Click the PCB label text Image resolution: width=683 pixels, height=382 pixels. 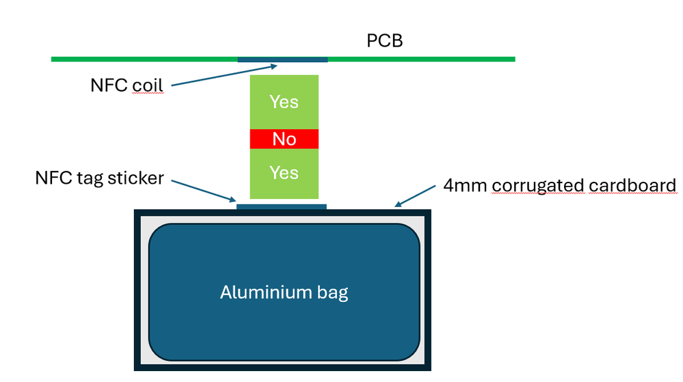tap(385, 40)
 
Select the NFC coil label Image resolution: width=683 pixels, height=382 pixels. tap(127, 86)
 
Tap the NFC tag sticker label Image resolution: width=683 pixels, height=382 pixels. tap(99, 178)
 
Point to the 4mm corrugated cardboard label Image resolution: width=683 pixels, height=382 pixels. tap(560, 185)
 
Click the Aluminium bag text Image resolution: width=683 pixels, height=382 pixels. tap(284, 292)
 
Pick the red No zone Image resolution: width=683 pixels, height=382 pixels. tap(284, 139)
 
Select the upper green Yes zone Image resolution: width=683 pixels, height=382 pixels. tap(284, 103)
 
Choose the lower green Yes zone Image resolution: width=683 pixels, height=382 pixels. tap(284, 173)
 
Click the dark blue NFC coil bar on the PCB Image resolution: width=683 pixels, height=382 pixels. tap(282, 59)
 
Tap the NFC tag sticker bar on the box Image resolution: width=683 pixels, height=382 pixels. tap(281, 206)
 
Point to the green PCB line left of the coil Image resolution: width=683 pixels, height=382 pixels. tap(144, 59)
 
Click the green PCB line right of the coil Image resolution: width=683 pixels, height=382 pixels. tap(421, 59)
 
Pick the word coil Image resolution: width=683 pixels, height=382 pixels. tap(149, 86)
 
